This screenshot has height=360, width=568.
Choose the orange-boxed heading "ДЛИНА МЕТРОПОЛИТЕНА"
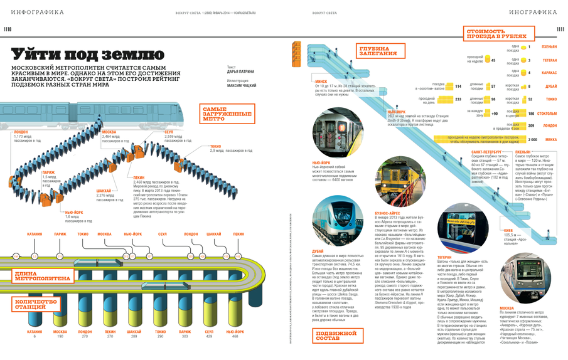click(40, 275)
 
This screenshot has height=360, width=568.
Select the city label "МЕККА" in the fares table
click(550, 139)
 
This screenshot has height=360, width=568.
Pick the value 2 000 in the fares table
click(533, 139)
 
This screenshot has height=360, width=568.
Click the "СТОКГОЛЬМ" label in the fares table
click(546, 114)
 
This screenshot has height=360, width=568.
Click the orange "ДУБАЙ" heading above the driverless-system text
click(318, 252)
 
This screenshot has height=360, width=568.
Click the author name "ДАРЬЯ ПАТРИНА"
click(241, 71)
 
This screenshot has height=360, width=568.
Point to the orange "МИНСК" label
click(321, 81)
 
